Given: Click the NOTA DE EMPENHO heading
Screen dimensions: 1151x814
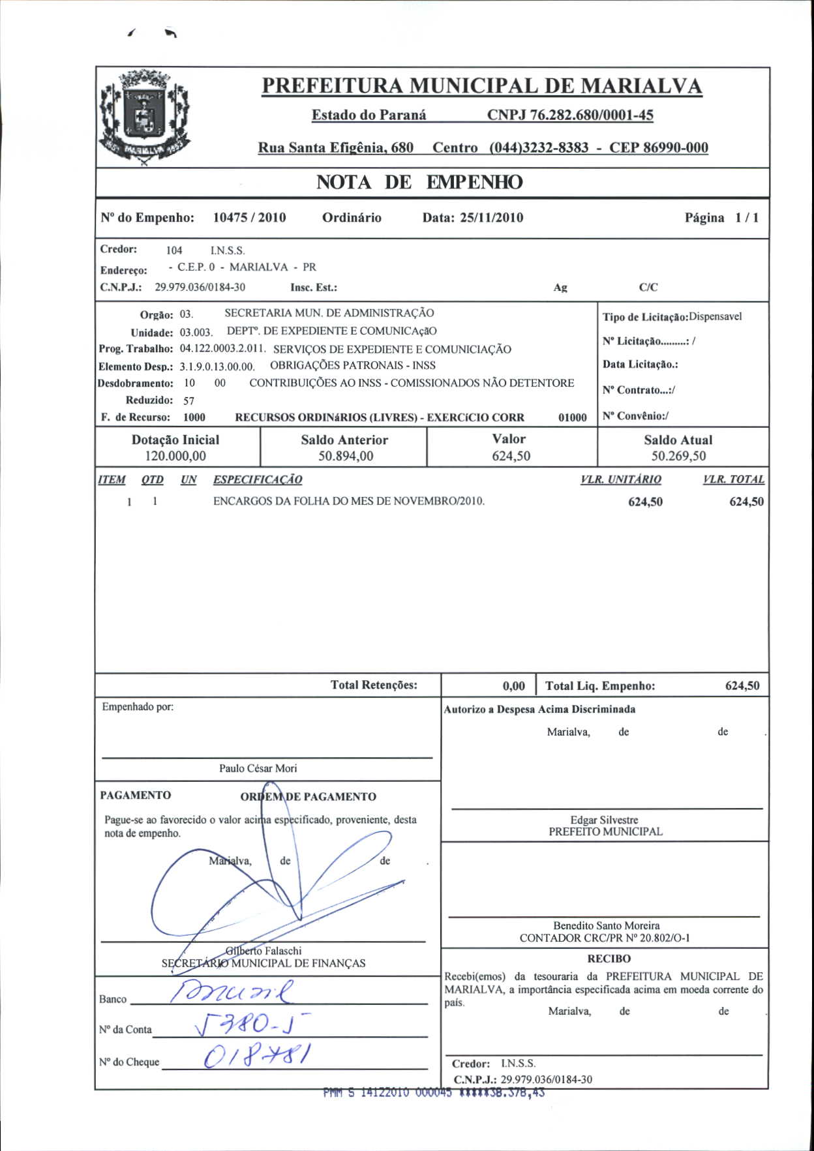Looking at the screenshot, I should pos(419,182).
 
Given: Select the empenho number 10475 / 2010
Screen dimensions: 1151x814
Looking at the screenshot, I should pos(249,218).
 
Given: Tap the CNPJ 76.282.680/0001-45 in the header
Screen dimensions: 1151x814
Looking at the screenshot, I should pos(570,115).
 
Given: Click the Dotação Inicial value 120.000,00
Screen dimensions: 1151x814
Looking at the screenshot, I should pos(175,456).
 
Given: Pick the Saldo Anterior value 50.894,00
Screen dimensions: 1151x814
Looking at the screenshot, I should pos(346,456).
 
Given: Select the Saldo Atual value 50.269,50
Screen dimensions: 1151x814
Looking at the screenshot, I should pos(678,456).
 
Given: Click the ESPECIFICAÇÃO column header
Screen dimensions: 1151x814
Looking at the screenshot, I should pos(258,480).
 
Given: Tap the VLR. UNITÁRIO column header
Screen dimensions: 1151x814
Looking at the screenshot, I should pos(621,480).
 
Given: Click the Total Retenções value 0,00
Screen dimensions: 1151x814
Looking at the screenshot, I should pos(513,686).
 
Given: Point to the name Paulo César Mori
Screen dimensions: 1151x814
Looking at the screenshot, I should pos(258,769).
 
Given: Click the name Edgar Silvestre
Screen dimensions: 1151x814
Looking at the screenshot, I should pos(604,820).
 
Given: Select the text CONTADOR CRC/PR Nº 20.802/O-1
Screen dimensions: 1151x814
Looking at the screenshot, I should pos(605,938).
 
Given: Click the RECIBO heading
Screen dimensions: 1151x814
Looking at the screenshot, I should pos(609,959).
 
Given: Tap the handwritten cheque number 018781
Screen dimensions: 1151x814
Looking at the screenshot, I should pos(258,1054).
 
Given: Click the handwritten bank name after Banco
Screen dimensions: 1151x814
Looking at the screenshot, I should pos(232,993).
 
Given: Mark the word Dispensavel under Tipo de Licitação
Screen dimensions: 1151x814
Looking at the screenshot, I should pos(716,317).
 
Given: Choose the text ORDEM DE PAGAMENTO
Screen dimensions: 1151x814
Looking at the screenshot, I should pos(308,797).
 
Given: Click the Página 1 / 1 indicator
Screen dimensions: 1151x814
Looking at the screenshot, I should pos(721,218).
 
